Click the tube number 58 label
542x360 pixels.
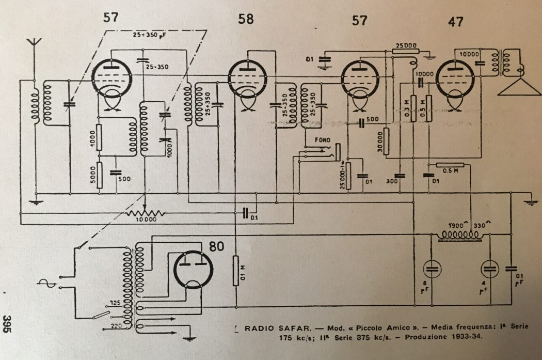coord(246,20)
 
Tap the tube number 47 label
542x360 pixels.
coord(455,21)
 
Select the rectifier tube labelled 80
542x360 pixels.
coord(193,269)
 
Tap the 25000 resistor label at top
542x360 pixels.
coord(405,45)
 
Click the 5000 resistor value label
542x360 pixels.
coord(92,175)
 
